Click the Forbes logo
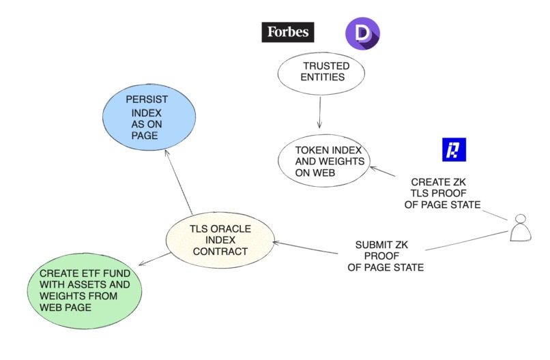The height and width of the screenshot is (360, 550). pos(287,32)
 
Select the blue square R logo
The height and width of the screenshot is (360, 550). pos(454,150)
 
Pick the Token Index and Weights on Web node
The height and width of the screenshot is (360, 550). pos(323,161)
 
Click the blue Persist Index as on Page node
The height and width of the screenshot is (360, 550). pos(145,117)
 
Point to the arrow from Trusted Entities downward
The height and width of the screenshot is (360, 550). pos(319,112)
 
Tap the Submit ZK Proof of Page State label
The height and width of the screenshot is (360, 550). pos(386,256)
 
